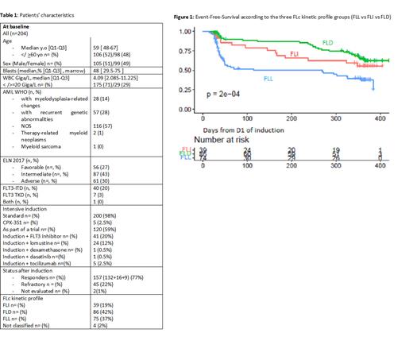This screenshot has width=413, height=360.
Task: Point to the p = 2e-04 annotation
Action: (228, 93)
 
